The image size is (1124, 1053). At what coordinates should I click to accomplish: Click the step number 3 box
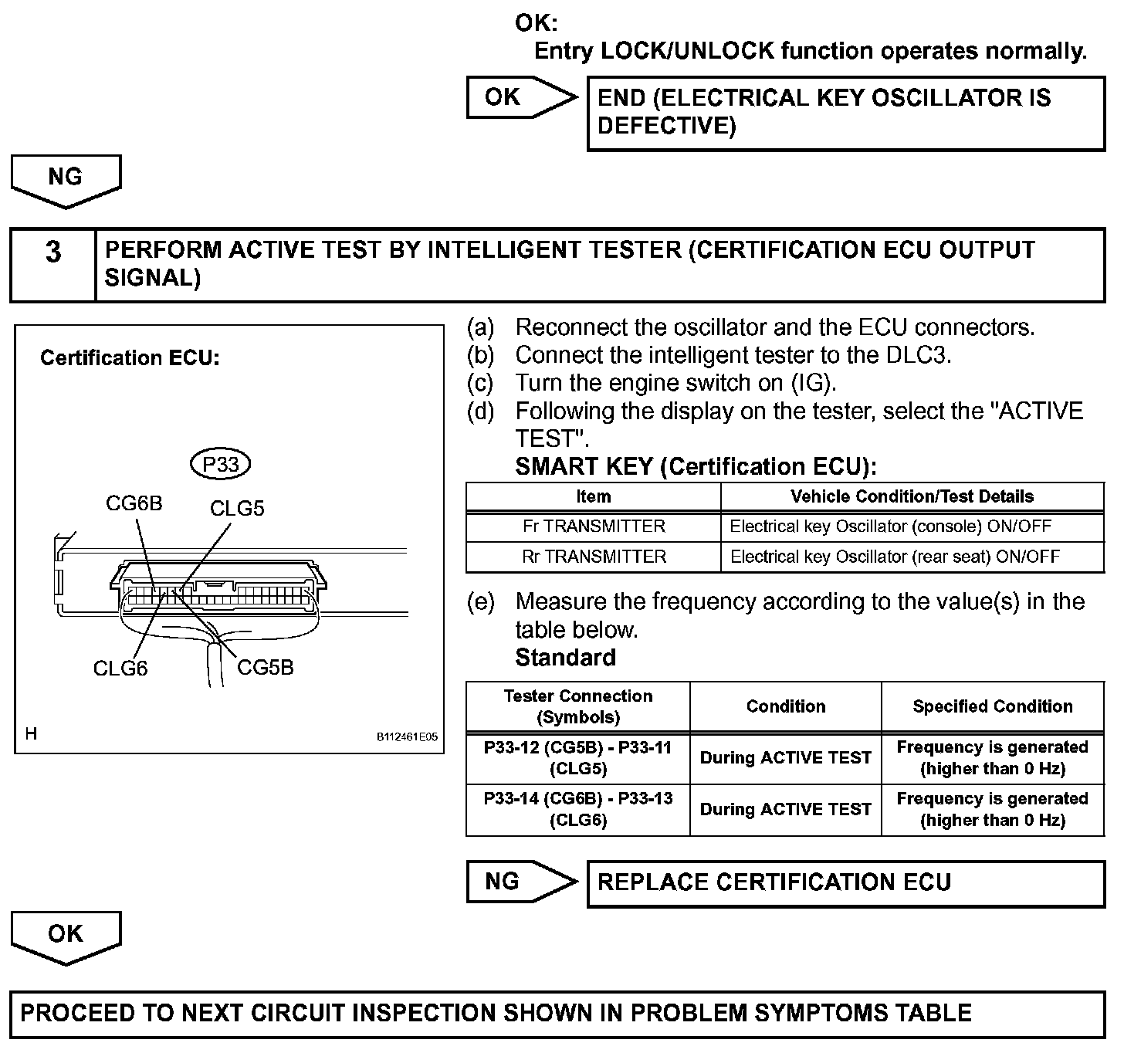[x=52, y=264]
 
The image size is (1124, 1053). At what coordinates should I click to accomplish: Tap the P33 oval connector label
[x=220, y=464]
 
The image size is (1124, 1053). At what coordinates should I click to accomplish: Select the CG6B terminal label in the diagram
[x=134, y=503]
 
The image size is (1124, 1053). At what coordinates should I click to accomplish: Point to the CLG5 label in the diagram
[x=237, y=508]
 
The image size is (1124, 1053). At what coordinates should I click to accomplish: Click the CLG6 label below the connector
[x=120, y=668]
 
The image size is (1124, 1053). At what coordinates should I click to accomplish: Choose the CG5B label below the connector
[x=266, y=667]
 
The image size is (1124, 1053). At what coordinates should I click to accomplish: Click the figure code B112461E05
[x=407, y=736]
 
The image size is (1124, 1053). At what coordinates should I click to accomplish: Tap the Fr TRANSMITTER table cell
[x=594, y=526]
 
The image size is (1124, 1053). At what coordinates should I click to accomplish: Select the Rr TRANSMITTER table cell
[x=594, y=557]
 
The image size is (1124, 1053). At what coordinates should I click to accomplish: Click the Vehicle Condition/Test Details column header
[x=912, y=496]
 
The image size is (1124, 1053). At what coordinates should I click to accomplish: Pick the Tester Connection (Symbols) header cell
[x=578, y=706]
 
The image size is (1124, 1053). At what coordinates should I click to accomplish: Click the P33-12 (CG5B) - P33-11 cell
[x=578, y=758]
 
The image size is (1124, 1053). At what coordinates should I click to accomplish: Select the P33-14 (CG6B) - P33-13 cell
[x=578, y=809]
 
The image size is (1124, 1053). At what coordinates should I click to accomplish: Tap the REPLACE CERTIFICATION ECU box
[x=845, y=882]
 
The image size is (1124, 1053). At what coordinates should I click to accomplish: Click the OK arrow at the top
[x=518, y=97]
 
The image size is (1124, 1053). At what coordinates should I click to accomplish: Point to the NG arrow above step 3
[x=66, y=179]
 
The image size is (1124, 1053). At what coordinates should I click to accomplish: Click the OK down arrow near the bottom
[x=66, y=936]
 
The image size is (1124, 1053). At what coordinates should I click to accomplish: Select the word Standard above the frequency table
[x=566, y=658]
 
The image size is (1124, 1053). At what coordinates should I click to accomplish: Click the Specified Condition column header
[x=993, y=706]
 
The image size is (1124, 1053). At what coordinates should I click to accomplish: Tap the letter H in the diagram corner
[x=31, y=733]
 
